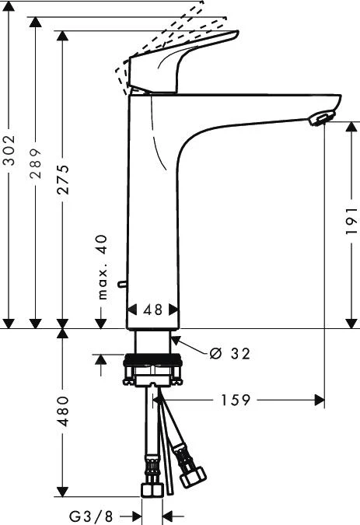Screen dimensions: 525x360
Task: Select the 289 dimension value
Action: tap(36, 164)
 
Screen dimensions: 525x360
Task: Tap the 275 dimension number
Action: tap(63, 180)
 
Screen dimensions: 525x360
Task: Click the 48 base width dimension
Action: tap(153, 310)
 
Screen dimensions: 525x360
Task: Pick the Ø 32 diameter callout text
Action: tap(230, 353)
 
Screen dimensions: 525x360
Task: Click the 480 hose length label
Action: tap(63, 411)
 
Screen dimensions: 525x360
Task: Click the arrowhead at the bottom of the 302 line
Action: tap(9, 322)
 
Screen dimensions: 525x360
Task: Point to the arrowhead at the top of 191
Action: tap(350, 127)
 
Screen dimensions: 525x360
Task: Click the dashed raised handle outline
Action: tap(156, 39)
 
